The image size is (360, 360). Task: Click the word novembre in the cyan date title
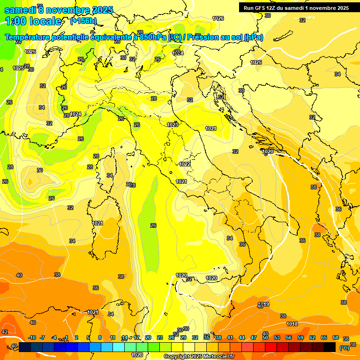(x=68, y=10)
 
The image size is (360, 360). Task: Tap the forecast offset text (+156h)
(x=83, y=21)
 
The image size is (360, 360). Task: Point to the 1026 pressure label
(x=218, y=18)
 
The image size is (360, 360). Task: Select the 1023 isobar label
(x=172, y=125)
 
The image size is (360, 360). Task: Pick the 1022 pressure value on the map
(x=185, y=164)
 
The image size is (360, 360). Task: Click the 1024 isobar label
(x=75, y=114)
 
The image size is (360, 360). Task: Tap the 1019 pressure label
(x=264, y=304)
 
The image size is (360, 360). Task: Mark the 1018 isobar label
(x=292, y=324)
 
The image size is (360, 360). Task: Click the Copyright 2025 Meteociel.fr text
(x=199, y=356)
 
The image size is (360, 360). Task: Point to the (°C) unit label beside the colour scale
(x=344, y=348)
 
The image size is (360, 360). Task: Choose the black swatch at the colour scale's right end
(x=330, y=347)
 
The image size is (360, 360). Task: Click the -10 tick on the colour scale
(x=32, y=337)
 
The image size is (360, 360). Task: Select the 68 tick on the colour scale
(x=336, y=337)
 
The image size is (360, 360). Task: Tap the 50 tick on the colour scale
(x=265, y=337)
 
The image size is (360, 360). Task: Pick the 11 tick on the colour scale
(x=112, y=337)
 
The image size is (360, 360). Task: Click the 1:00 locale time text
(x=33, y=21)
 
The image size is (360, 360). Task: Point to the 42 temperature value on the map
(x=5, y=332)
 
